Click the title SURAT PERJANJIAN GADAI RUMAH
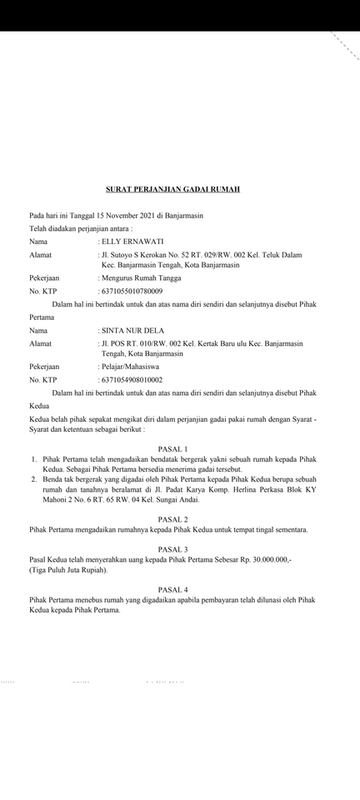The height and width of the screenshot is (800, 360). [172, 189]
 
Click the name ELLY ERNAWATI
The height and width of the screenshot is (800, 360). [132, 241]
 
